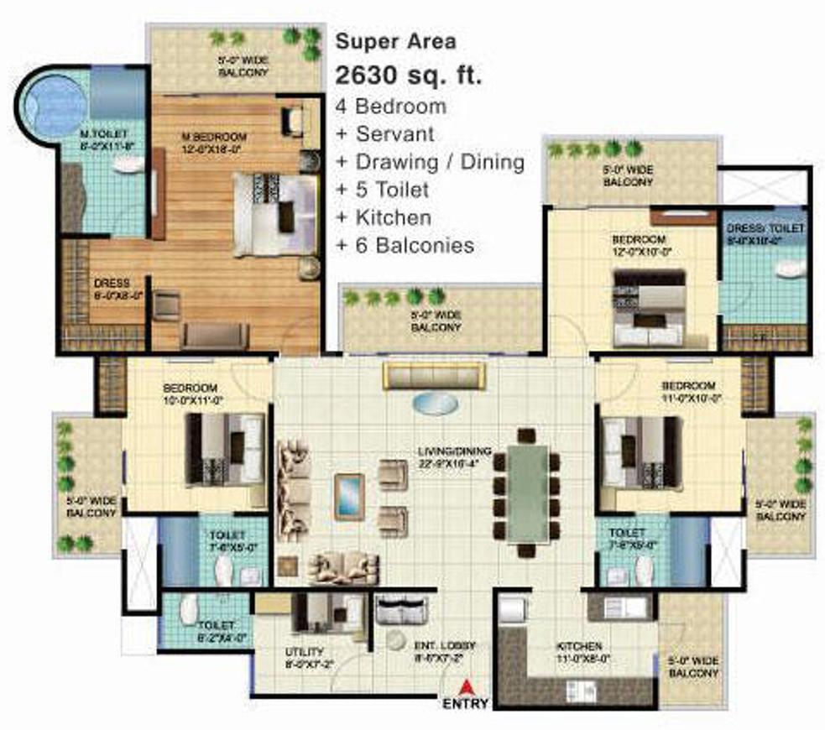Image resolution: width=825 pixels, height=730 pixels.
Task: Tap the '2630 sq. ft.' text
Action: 409,76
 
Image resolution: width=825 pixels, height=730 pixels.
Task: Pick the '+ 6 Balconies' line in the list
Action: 405,246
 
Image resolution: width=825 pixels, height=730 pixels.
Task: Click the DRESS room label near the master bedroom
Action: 112,289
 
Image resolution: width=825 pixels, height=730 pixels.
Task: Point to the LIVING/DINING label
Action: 455,457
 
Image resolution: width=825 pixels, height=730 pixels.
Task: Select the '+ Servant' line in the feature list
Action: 384,134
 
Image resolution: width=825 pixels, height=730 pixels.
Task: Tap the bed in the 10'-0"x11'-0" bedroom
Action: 225,449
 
